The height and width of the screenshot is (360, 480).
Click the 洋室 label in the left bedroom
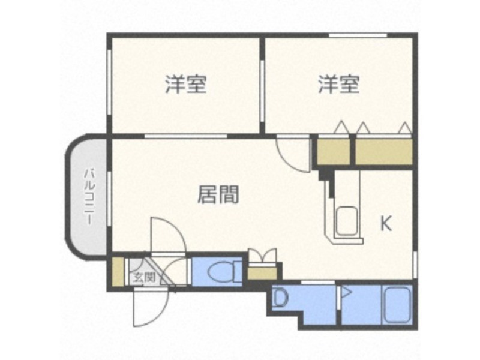(x=186, y=84)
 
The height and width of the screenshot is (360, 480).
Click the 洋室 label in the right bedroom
(x=338, y=84)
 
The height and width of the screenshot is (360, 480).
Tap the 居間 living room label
(x=218, y=194)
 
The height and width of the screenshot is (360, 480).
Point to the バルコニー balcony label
(x=89, y=197)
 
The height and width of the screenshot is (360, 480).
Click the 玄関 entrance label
(x=145, y=277)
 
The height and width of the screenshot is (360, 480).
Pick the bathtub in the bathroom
(x=397, y=305)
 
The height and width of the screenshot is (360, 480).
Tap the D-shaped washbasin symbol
(x=280, y=298)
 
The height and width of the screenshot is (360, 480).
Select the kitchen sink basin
(x=347, y=221)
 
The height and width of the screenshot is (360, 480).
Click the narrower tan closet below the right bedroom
(x=333, y=152)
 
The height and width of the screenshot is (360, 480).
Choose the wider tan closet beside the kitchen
(x=383, y=152)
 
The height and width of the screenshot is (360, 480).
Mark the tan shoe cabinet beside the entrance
(x=118, y=272)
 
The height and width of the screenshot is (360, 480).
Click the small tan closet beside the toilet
(x=262, y=274)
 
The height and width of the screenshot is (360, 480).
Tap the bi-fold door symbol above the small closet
(x=262, y=256)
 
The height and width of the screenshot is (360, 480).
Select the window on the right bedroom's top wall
(x=358, y=36)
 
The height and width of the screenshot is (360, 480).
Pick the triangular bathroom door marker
(x=347, y=293)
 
